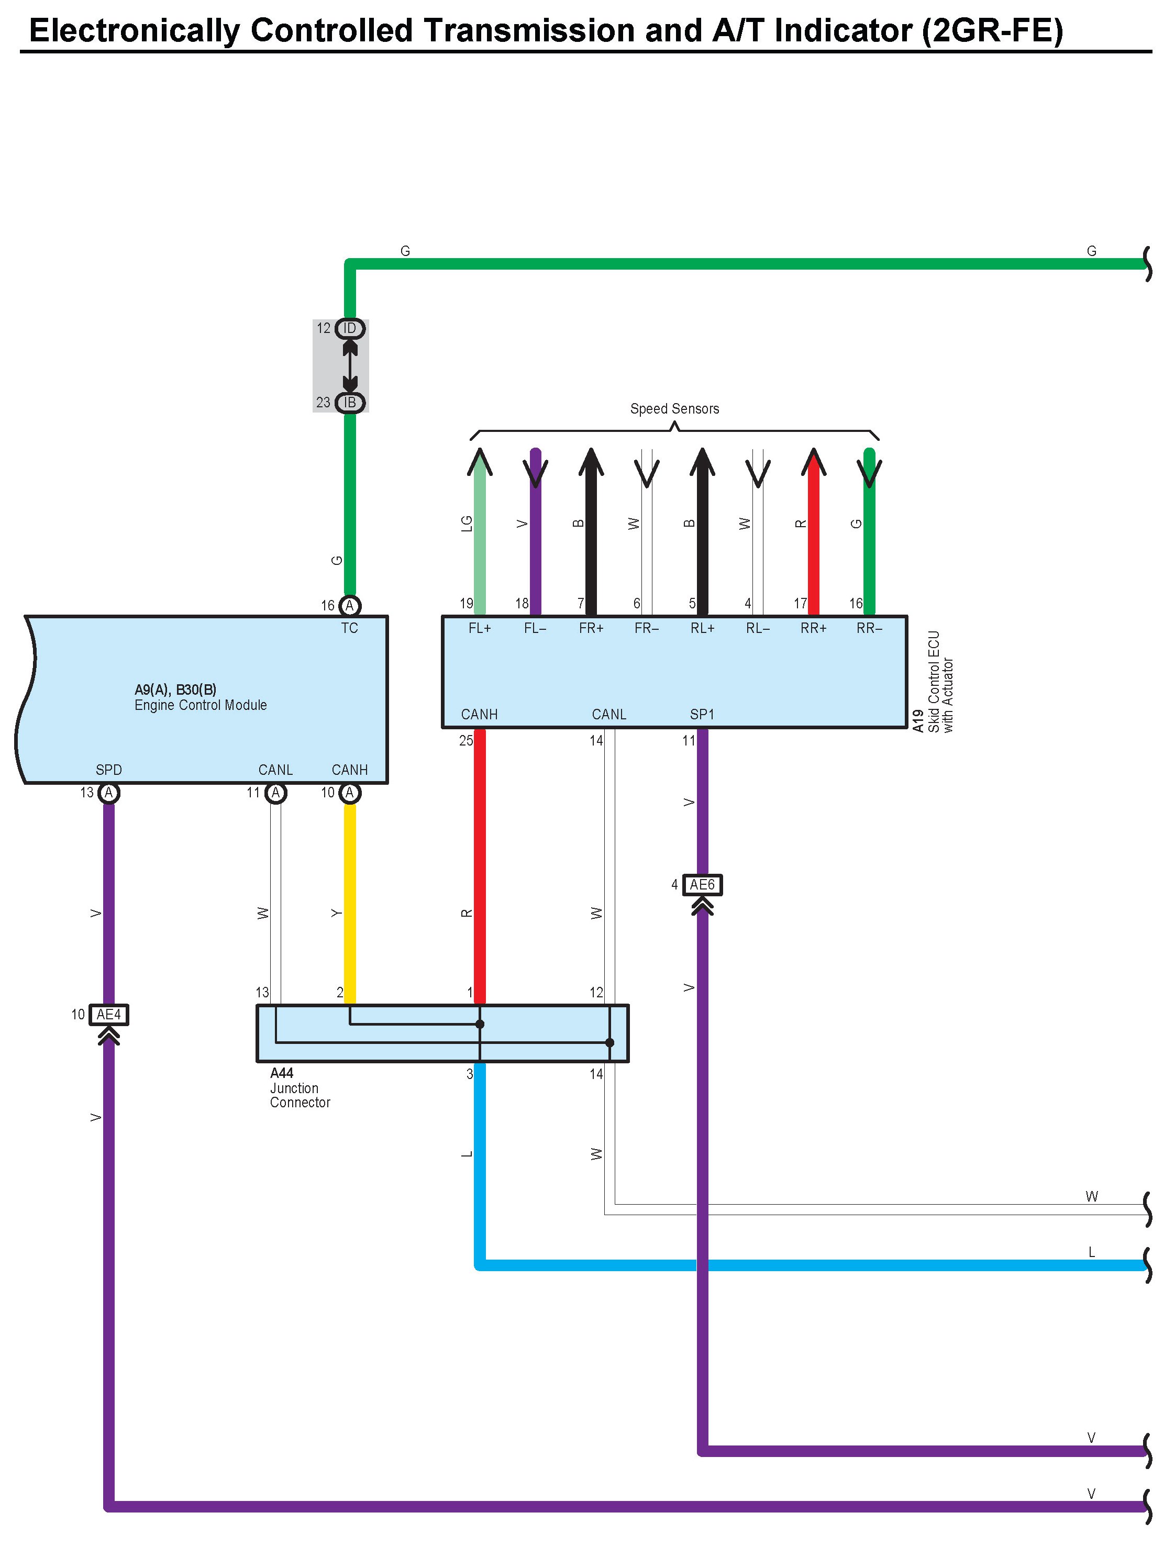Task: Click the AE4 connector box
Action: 109,1015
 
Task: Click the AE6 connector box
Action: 702,885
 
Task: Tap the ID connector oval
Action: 350,328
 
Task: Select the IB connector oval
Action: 350,402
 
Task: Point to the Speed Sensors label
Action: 674,408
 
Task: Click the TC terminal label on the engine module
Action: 350,628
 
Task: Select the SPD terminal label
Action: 108,770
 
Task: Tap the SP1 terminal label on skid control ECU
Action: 702,714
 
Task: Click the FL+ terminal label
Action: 480,628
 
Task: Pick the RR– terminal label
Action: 869,628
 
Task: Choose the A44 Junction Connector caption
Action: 300,1088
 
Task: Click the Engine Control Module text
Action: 201,705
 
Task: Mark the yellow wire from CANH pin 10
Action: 350,902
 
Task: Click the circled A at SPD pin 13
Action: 108,793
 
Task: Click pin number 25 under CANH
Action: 466,740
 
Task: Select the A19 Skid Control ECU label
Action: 934,682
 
